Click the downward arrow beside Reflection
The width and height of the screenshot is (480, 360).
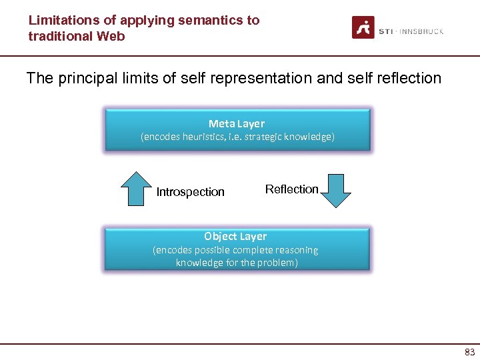(x=336, y=191)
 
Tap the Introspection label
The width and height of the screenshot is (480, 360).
(x=190, y=192)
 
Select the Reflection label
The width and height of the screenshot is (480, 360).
(x=291, y=189)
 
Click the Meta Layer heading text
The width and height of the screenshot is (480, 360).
(x=237, y=123)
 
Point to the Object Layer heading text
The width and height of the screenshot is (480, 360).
(x=235, y=237)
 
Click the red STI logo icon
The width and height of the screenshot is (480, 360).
(x=363, y=27)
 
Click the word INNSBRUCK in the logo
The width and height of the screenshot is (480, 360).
(x=421, y=31)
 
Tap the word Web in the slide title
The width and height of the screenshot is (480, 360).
(x=111, y=36)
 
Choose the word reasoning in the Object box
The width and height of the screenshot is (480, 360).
(x=295, y=250)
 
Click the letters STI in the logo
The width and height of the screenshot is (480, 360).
(x=385, y=31)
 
